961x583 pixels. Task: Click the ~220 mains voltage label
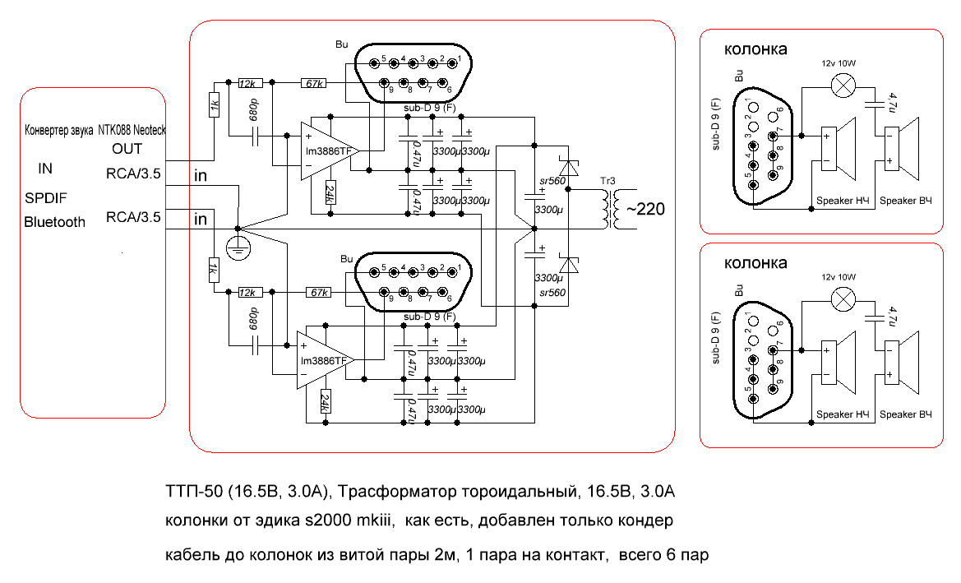pos(645,210)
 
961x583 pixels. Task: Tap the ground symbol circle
pos(238,247)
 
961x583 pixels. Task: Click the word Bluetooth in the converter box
pos(54,221)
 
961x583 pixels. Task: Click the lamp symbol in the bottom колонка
pos(842,299)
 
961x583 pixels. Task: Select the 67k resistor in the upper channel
pos(313,83)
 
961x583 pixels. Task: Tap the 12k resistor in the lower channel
pos(247,293)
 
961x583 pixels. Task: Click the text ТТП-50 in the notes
pos(192,492)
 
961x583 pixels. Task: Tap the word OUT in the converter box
pos(127,149)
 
